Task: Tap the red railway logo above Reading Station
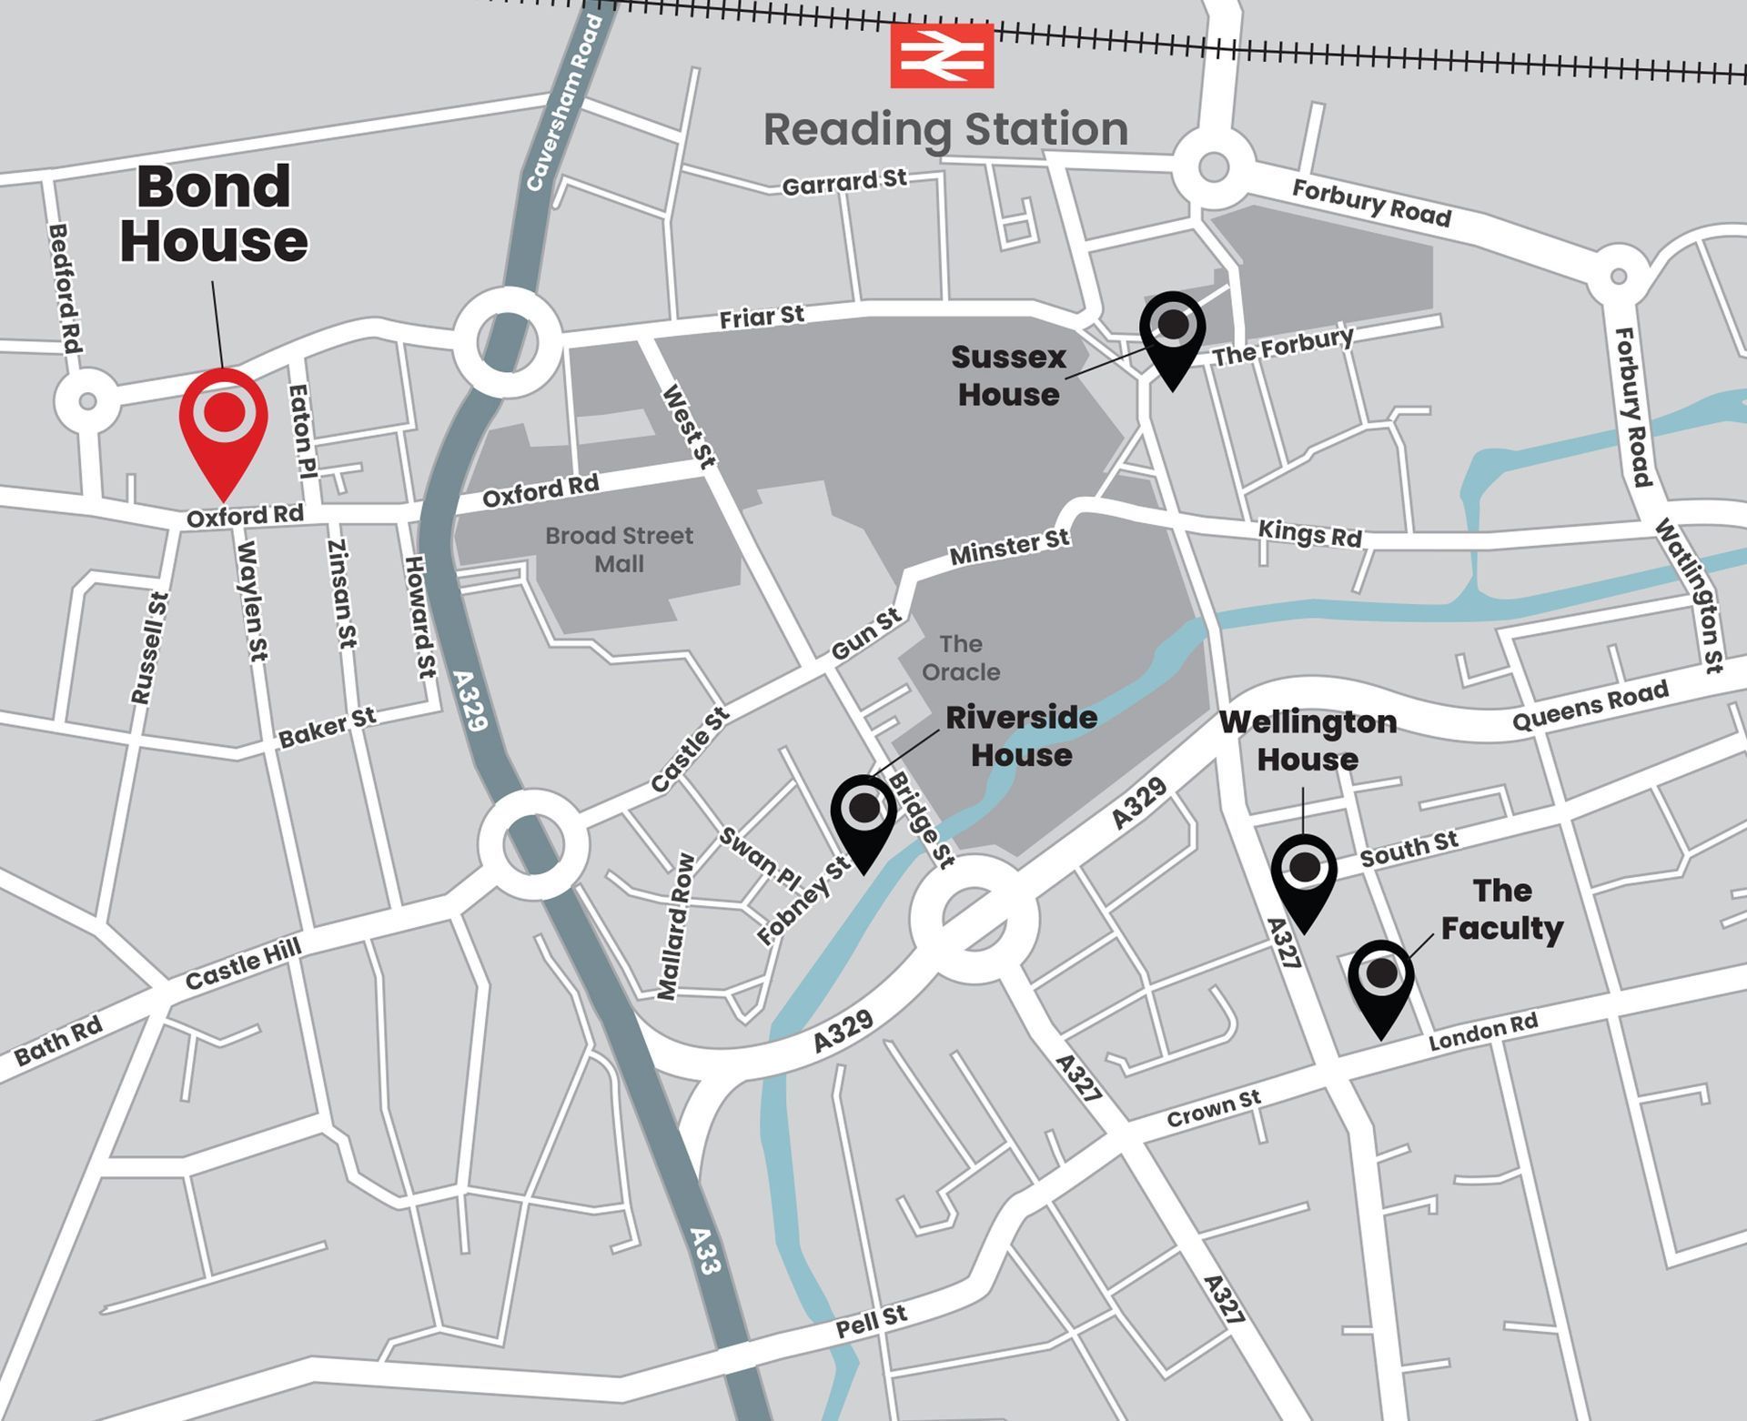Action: [942, 56]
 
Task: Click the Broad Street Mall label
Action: [619, 549]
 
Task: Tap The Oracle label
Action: [960, 658]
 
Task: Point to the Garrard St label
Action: [843, 182]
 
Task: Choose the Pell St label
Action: [871, 1321]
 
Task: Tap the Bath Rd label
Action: [58, 1042]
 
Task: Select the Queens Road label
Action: [1590, 706]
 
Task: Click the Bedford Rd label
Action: [65, 288]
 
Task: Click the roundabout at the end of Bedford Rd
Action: [87, 400]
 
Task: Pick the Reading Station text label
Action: [945, 129]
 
